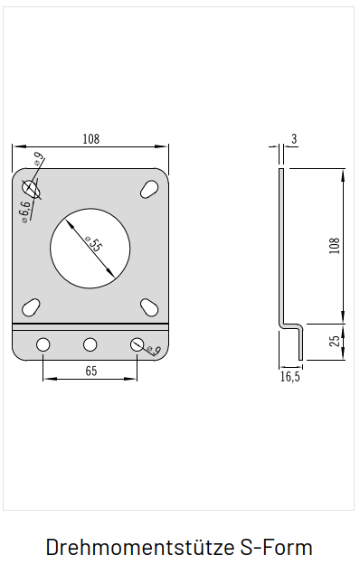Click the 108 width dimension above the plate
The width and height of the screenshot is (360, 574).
pyautogui.click(x=90, y=139)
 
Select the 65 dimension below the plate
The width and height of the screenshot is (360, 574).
pyautogui.click(x=91, y=371)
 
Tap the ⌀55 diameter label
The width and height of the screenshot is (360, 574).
pyautogui.click(x=92, y=244)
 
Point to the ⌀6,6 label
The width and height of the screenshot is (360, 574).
pyautogui.click(x=25, y=212)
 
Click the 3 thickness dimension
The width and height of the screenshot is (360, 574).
pyautogui.click(x=294, y=139)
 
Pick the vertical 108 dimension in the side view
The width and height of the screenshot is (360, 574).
pyautogui.click(x=335, y=246)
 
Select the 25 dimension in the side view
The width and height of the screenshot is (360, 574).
pyautogui.click(x=335, y=341)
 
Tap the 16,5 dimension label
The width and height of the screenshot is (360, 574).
pyautogui.click(x=290, y=377)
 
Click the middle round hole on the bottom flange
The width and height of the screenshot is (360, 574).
pyautogui.click(x=90, y=344)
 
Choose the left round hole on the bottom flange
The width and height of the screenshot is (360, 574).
pyautogui.click(x=43, y=344)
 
